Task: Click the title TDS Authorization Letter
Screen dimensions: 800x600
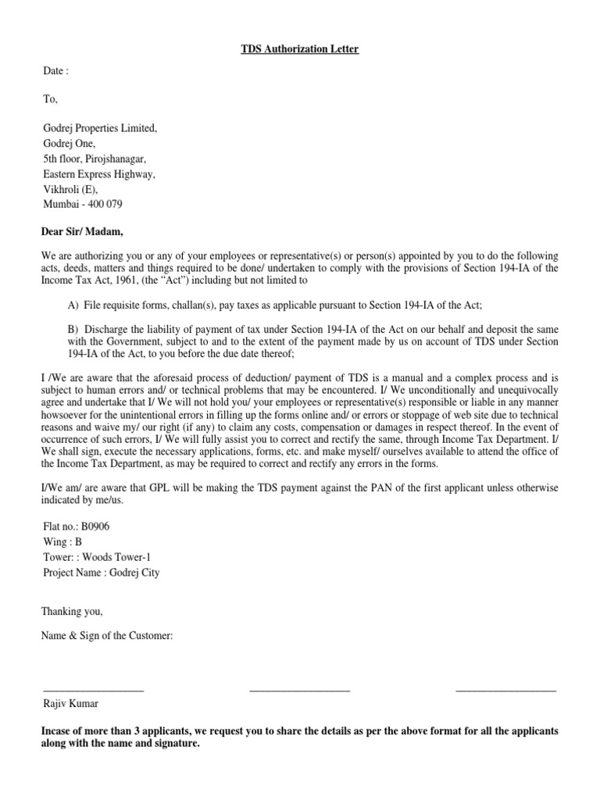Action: (x=299, y=50)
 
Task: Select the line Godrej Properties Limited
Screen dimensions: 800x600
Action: (x=99, y=128)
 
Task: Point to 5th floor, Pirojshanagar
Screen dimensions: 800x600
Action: (x=94, y=159)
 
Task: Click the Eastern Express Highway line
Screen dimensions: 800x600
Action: (x=98, y=174)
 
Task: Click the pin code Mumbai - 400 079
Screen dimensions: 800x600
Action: (x=82, y=205)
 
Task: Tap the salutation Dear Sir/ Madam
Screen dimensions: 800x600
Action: (x=82, y=231)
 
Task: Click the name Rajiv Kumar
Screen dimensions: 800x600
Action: (x=70, y=703)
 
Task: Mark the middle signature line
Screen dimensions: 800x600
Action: (x=299, y=690)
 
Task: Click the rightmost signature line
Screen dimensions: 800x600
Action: (x=505, y=690)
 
